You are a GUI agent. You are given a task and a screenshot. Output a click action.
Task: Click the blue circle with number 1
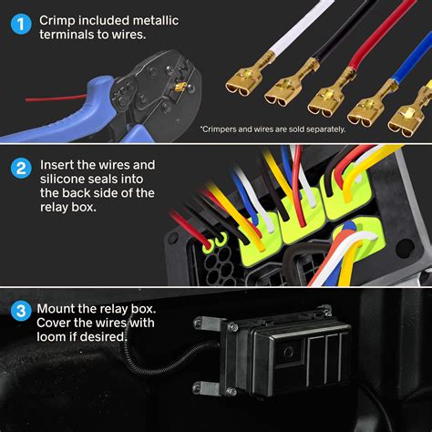pos(18,20)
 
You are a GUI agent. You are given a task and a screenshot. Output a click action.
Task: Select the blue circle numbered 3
pos(18,310)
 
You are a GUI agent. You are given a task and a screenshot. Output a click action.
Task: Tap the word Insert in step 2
pos(57,165)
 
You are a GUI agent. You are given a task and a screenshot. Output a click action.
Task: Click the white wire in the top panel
pos(263,36)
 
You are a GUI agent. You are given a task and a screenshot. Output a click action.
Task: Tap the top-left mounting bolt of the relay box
pos(203,323)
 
